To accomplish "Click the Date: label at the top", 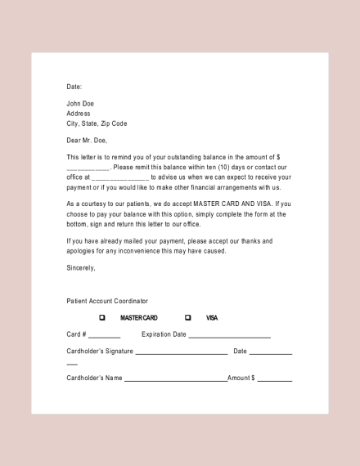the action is tap(74, 87).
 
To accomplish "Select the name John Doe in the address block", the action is tap(80, 104).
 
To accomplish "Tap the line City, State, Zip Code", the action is tap(97, 123).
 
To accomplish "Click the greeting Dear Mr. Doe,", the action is tap(87, 141).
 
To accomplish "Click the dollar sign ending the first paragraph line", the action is tap(279, 157).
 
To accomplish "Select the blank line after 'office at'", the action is tap(120, 177).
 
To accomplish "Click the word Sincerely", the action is tap(81, 267).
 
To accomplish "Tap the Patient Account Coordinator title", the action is tap(107, 301).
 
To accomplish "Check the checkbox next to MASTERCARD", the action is tap(102, 317).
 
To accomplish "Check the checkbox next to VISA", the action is tap(188, 317).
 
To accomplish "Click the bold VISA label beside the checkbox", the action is tap(212, 317).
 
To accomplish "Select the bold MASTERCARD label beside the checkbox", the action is tap(139, 317).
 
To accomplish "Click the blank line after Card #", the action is tap(105, 336).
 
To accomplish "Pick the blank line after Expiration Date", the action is tap(230, 336).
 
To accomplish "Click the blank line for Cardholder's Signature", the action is tap(182, 353).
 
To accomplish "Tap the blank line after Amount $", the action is tap(275, 380).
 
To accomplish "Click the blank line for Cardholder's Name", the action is tap(175, 380).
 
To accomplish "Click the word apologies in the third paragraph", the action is tap(83, 251).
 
